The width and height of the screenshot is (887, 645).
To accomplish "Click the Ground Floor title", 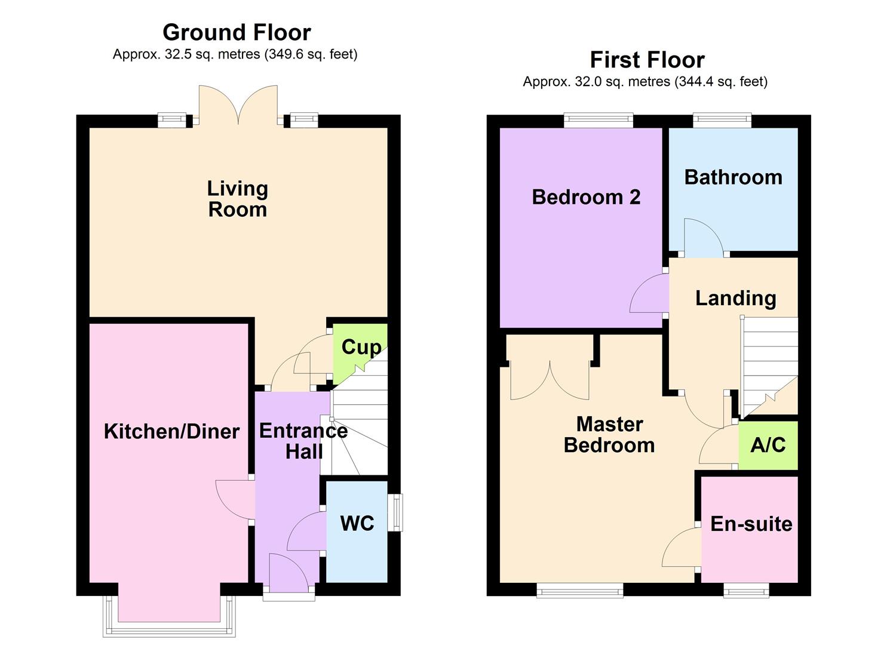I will pos(237,32).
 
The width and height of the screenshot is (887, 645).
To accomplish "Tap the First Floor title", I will pos(647,60).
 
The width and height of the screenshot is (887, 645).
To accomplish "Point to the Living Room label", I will pos(237,199).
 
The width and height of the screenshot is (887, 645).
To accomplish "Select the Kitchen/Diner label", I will pos(171,431).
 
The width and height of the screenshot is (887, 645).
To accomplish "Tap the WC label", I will pos(357,523).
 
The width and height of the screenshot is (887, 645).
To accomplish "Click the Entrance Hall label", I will pos(303,441).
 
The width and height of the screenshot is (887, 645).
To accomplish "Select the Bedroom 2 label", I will pos(586,196).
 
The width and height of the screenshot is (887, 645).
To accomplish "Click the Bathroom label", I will pos(733,177).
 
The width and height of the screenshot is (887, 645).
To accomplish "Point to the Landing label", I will pos(735,298).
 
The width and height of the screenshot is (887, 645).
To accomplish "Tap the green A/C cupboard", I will pos(768,445).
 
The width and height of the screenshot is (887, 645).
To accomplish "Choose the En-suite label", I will pos(751,524).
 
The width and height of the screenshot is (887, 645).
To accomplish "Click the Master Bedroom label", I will pos(609,434).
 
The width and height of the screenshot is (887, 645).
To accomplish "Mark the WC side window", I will pos(395,512).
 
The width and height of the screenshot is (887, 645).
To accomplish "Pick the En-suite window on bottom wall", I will pos(746,591).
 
